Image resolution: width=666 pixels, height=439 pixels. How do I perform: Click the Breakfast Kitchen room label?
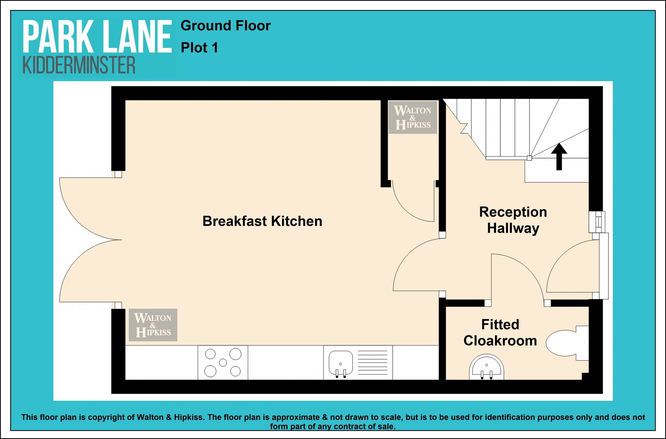pyautogui.click(x=262, y=221)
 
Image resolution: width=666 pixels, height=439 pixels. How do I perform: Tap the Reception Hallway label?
pyautogui.click(x=513, y=220)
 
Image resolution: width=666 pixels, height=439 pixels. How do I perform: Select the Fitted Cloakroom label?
pyautogui.click(x=500, y=333)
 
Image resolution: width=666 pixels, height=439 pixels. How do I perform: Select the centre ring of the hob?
pyautogui.click(x=223, y=363)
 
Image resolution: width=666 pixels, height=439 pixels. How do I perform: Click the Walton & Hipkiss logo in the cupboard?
pyautogui.click(x=413, y=117)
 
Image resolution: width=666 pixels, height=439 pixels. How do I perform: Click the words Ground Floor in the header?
pyautogui.click(x=226, y=26)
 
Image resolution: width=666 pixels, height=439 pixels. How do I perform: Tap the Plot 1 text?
pyautogui.click(x=199, y=48)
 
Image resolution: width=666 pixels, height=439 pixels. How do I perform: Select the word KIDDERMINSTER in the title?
pyautogui.click(x=79, y=65)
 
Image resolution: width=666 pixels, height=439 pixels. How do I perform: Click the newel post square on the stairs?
pyautogui.click(x=529, y=158)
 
